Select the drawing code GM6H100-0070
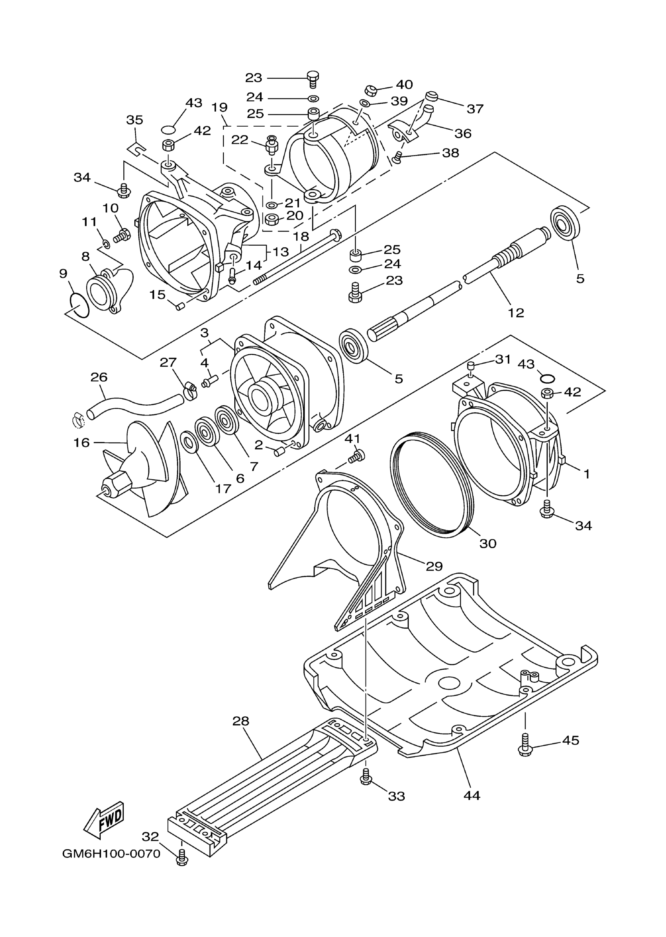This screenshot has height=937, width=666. [111, 854]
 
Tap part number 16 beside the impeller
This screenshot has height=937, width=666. [81, 443]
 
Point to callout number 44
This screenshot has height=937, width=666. [472, 796]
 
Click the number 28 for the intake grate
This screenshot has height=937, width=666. [241, 721]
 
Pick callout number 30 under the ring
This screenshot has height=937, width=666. [488, 543]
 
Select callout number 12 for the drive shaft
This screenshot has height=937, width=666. [516, 313]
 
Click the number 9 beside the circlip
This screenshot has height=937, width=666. [63, 273]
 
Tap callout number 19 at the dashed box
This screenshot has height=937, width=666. [219, 107]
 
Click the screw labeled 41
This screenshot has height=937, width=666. [357, 456]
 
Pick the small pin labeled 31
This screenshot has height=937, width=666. [471, 366]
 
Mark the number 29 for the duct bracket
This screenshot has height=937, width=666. [434, 566]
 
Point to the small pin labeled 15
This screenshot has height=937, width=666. [179, 306]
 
